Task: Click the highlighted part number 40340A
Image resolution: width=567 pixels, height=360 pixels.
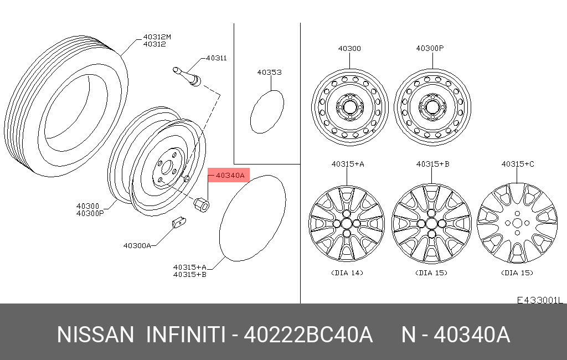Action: point(230,176)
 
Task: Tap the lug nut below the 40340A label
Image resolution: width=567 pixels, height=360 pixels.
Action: point(202,204)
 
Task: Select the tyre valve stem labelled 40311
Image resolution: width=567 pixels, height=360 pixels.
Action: point(187,77)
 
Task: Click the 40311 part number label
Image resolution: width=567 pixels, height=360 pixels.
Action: point(217,58)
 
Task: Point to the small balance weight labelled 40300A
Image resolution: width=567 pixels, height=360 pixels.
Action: point(179,222)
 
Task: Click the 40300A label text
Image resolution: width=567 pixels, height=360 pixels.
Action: point(137,246)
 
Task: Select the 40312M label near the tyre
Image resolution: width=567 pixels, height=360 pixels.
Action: point(157,37)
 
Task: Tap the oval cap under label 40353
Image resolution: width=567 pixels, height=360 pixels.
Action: point(267,112)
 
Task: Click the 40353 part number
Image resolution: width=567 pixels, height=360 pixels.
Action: point(270,73)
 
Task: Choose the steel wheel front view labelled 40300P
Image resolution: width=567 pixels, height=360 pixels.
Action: point(432,107)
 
